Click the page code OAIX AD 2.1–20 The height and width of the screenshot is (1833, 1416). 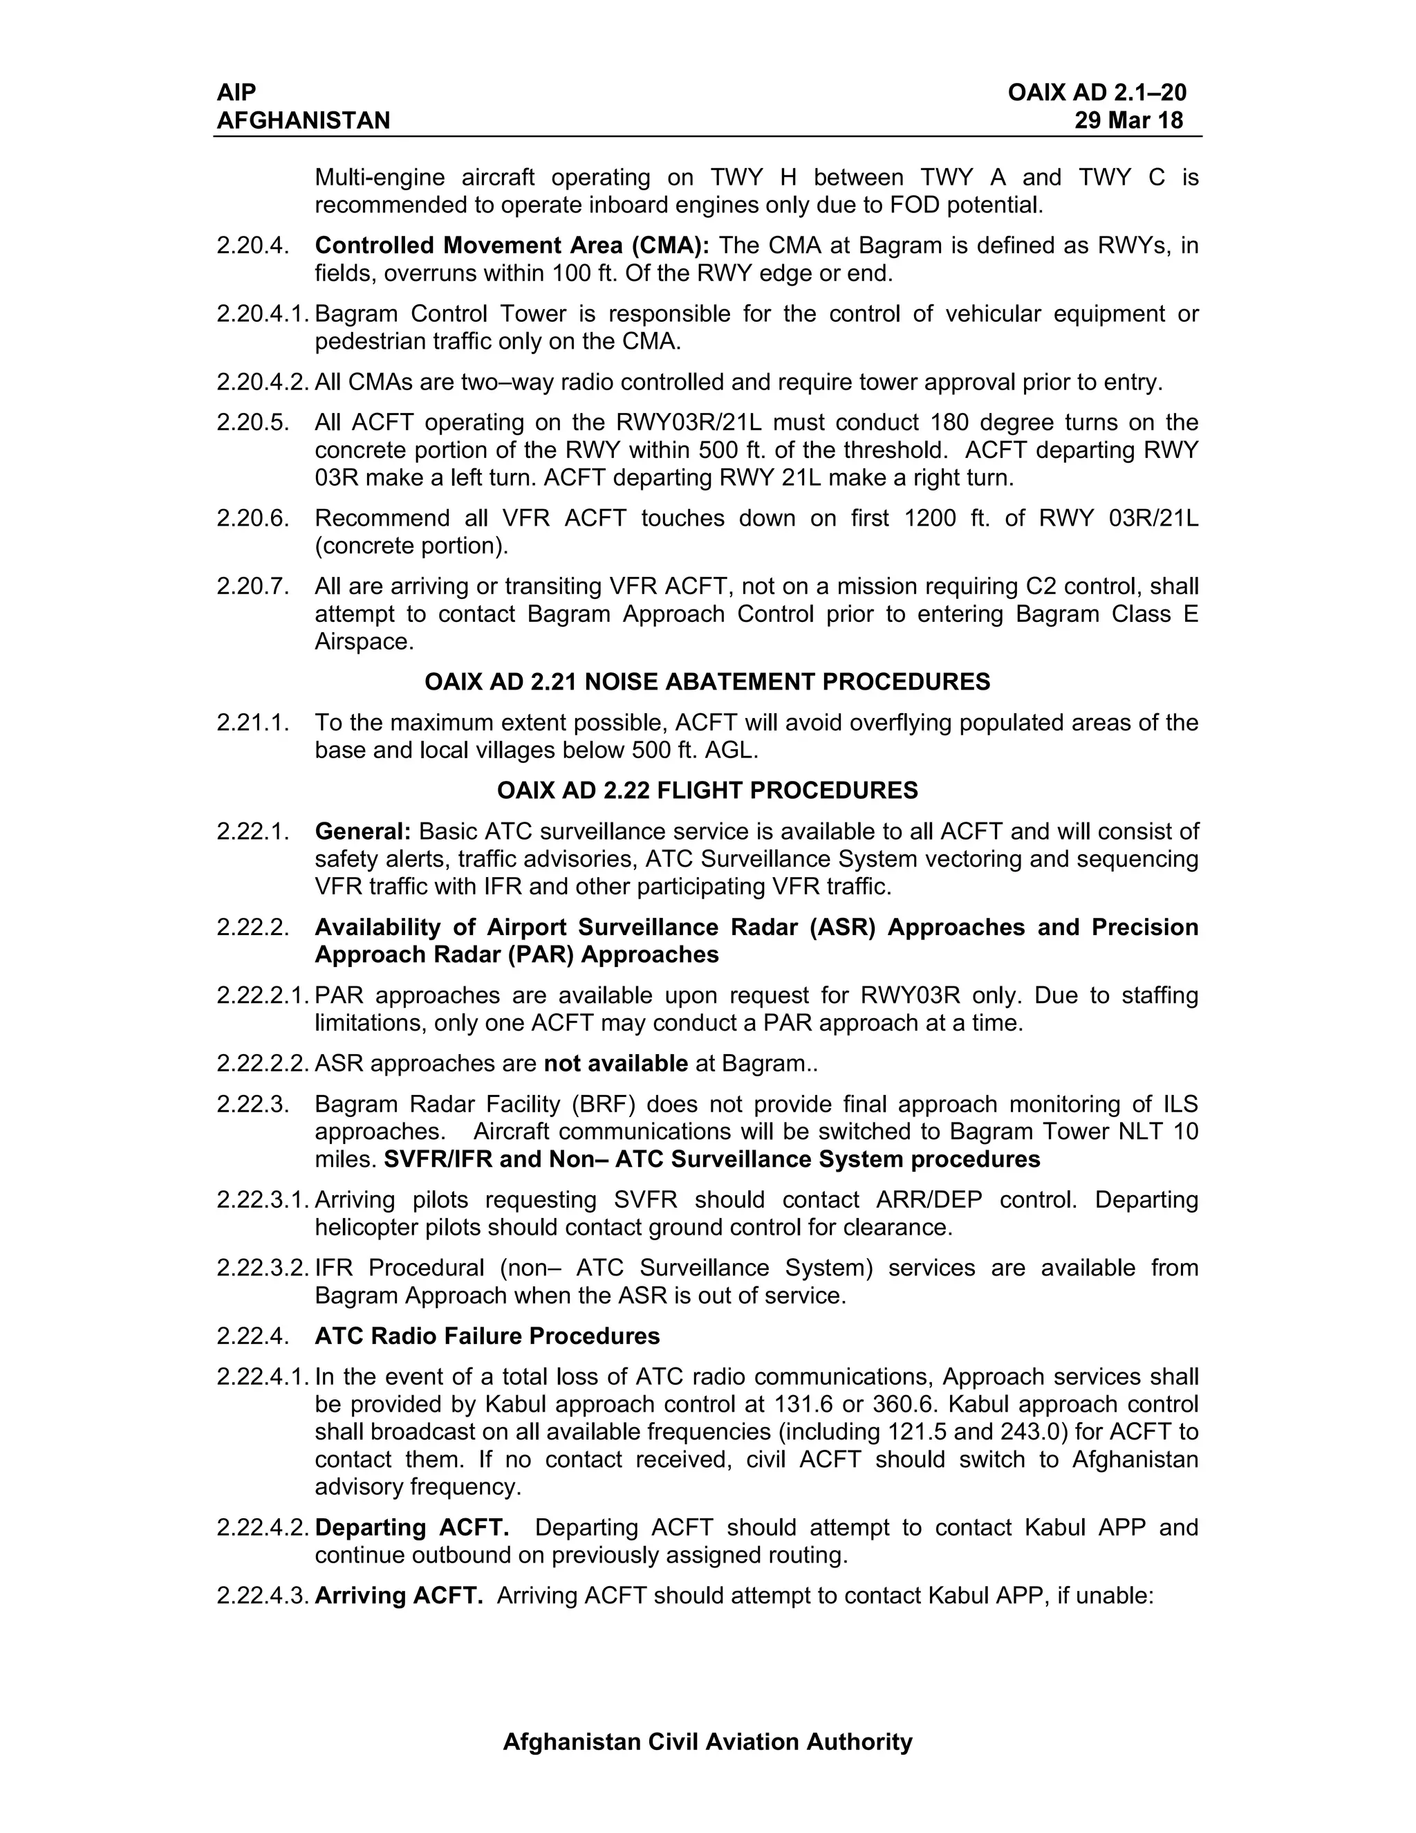point(1097,92)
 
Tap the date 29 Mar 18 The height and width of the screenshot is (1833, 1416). point(1128,121)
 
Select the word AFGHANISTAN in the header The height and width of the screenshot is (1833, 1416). point(303,121)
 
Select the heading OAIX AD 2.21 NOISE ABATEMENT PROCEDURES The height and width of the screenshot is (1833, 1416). point(707,681)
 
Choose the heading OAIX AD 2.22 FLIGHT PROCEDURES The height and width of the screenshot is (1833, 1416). point(707,791)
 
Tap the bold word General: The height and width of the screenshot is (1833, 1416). point(362,831)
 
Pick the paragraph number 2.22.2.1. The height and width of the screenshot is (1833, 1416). point(263,996)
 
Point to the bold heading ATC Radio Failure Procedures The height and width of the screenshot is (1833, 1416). point(487,1336)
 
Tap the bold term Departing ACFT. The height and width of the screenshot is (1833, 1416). point(412,1527)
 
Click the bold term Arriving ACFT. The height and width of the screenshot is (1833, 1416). point(398,1596)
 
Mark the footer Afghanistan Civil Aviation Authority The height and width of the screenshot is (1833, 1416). point(707,1742)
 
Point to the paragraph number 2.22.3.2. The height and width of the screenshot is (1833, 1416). point(263,1268)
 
